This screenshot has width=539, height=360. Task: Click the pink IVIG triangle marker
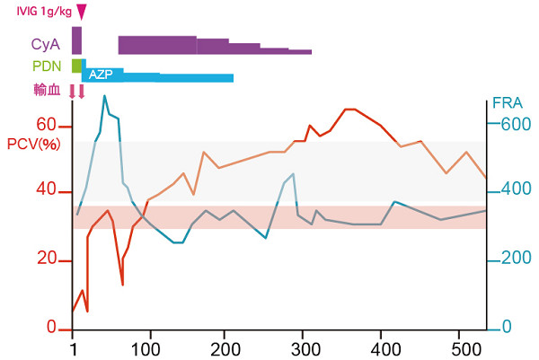click(82, 12)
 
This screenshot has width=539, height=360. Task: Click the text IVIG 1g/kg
click(39, 11)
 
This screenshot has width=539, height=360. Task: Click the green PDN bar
click(77, 66)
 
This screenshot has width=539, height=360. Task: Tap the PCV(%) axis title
click(34, 143)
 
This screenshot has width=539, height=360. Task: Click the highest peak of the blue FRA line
click(104, 95)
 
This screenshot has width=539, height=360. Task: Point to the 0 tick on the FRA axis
click(506, 328)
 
